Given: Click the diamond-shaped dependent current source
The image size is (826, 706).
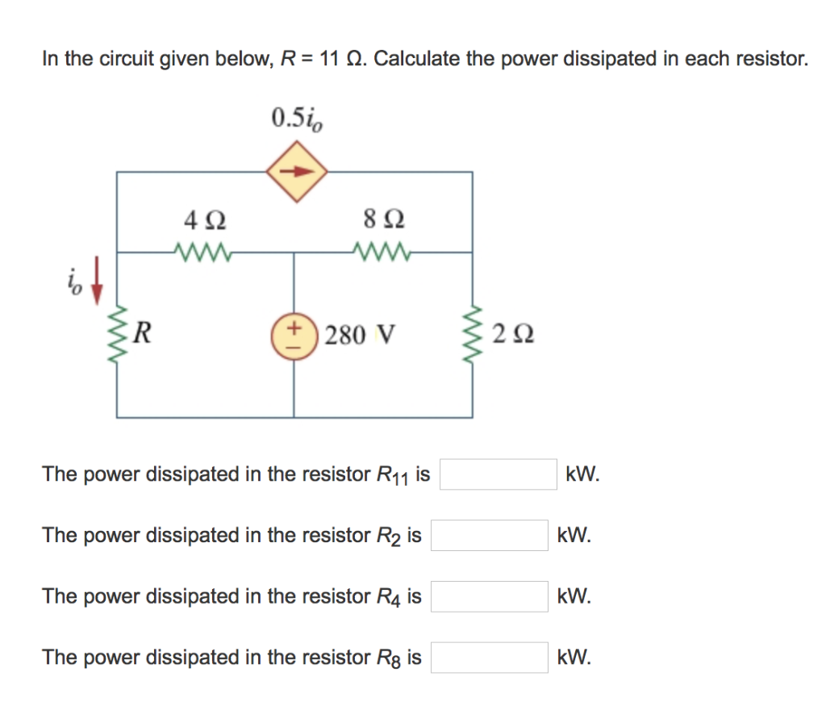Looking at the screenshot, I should coord(297,171).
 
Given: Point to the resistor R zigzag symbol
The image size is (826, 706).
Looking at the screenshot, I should coord(118,333).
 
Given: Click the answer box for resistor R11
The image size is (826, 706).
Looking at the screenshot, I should coord(498,474).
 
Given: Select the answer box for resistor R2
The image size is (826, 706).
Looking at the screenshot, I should coord(489,535).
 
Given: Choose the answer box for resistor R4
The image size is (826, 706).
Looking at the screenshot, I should coord(489,596).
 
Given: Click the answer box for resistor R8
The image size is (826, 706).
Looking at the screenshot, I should coord(489,658).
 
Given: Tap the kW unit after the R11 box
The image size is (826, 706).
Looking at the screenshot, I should coord(582,474).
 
